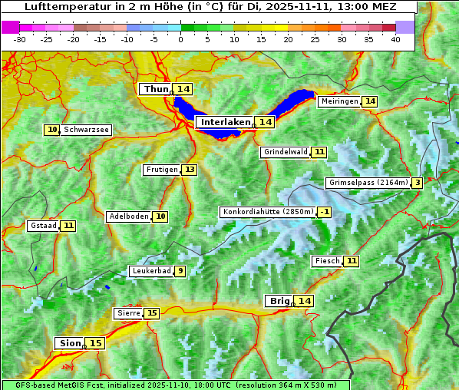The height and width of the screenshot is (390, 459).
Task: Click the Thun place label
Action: (155, 90)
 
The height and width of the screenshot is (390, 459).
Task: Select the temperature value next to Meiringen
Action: (370, 101)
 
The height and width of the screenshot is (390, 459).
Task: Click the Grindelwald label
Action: (285, 152)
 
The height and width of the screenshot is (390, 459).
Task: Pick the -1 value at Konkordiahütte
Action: (325, 212)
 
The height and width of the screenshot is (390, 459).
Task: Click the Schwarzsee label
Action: (86, 130)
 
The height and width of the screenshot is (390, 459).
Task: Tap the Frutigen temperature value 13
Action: (189, 170)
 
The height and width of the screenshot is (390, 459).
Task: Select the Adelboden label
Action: (128, 216)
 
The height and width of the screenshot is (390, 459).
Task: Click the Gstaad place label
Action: (43, 226)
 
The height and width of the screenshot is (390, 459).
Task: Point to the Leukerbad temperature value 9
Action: (180, 271)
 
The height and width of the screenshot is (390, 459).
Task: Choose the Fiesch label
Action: (327, 261)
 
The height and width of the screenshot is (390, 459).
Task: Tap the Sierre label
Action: (128, 313)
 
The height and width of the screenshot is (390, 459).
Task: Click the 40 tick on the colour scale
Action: (395, 38)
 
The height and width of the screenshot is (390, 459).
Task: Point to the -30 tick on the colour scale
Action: (20, 38)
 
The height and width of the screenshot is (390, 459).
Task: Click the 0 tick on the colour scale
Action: (181, 38)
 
